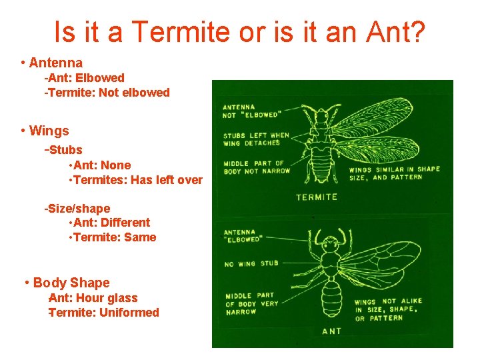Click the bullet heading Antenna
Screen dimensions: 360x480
55,63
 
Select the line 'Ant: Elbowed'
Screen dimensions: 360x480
86,78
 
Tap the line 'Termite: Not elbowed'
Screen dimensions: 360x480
109,93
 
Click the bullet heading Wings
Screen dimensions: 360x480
49,131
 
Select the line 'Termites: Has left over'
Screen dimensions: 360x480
137,180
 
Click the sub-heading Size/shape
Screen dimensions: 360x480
79,209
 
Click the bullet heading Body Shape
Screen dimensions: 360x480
71,283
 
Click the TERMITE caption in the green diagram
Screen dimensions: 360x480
317,197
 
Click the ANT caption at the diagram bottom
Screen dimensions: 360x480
331,331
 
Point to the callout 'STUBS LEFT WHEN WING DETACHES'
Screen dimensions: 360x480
256,139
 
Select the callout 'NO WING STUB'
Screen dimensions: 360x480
252,264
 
